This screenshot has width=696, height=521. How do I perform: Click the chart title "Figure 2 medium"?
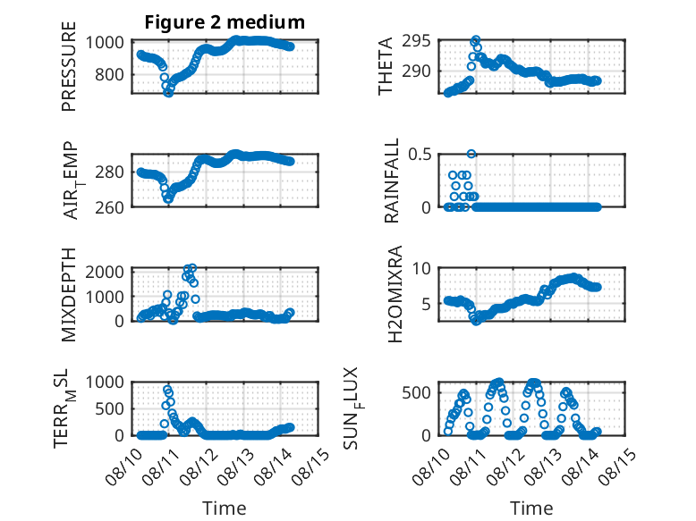[225, 22]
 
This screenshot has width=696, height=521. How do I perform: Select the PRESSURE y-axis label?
[69, 66]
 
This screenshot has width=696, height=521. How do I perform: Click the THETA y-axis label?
[386, 66]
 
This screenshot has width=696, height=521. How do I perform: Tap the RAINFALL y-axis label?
[392, 181]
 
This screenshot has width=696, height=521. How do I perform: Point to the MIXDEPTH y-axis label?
[69, 295]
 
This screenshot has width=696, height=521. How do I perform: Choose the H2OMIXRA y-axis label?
[395, 294]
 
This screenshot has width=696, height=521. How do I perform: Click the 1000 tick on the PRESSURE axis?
[105, 43]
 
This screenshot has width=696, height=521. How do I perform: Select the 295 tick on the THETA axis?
[416, 41]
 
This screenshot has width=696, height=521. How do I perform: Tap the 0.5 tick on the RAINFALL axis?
[420, 155]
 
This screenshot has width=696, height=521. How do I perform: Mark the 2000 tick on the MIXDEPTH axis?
[105, 272]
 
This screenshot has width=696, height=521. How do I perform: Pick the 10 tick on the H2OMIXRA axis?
[421, 268]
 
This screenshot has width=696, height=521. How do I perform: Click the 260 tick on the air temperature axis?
[109, 207]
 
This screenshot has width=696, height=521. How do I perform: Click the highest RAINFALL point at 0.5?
[471, 154]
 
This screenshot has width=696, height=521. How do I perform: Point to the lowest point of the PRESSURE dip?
[168, 93]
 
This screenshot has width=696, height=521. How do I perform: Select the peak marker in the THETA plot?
[476, 40]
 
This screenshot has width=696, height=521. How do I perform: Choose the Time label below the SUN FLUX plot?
[531, 508]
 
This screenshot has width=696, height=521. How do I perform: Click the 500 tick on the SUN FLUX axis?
[416, 392]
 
